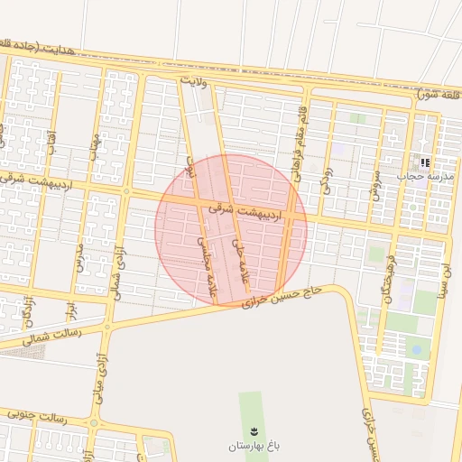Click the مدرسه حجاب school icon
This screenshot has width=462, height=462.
424,162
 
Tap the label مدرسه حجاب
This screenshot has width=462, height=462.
425,177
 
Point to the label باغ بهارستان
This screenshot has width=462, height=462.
254,446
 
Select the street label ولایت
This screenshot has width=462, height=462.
194,82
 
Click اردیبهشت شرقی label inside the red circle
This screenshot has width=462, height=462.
245,211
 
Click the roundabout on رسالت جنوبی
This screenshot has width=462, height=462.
94,422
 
